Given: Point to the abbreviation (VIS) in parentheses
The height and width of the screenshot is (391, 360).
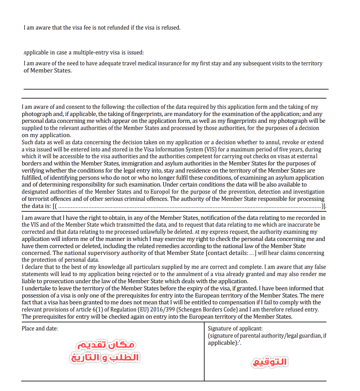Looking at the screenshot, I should coord(210,149).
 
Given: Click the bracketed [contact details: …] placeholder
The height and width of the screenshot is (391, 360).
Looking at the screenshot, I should coord(231,253).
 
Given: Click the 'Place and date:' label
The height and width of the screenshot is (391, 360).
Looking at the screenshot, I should coord(40,329).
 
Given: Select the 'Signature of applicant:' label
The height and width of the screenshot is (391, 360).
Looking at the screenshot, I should coord(235,329).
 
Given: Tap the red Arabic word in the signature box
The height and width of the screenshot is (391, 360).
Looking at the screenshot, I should coord(270,362).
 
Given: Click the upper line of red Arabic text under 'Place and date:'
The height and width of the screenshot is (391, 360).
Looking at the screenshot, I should coord(106,345).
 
